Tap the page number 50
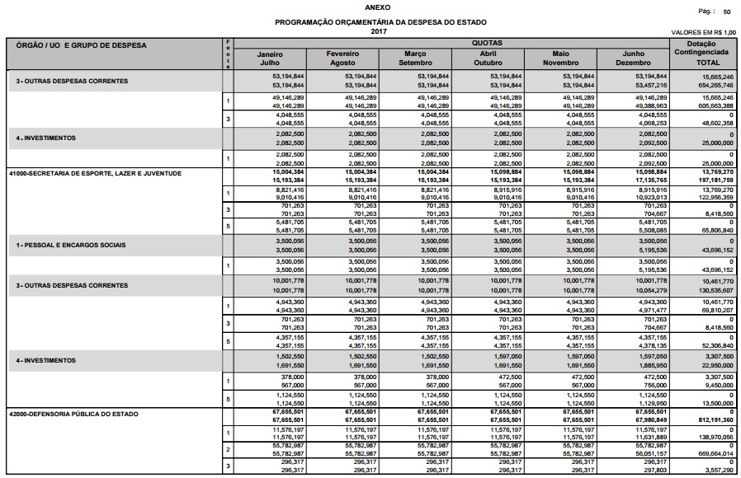click(x=726, y=12)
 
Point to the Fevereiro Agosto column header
click(x=342, y=58)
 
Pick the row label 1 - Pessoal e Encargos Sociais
click(x=71, y=246)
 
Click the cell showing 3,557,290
click(x=718, y=471)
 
